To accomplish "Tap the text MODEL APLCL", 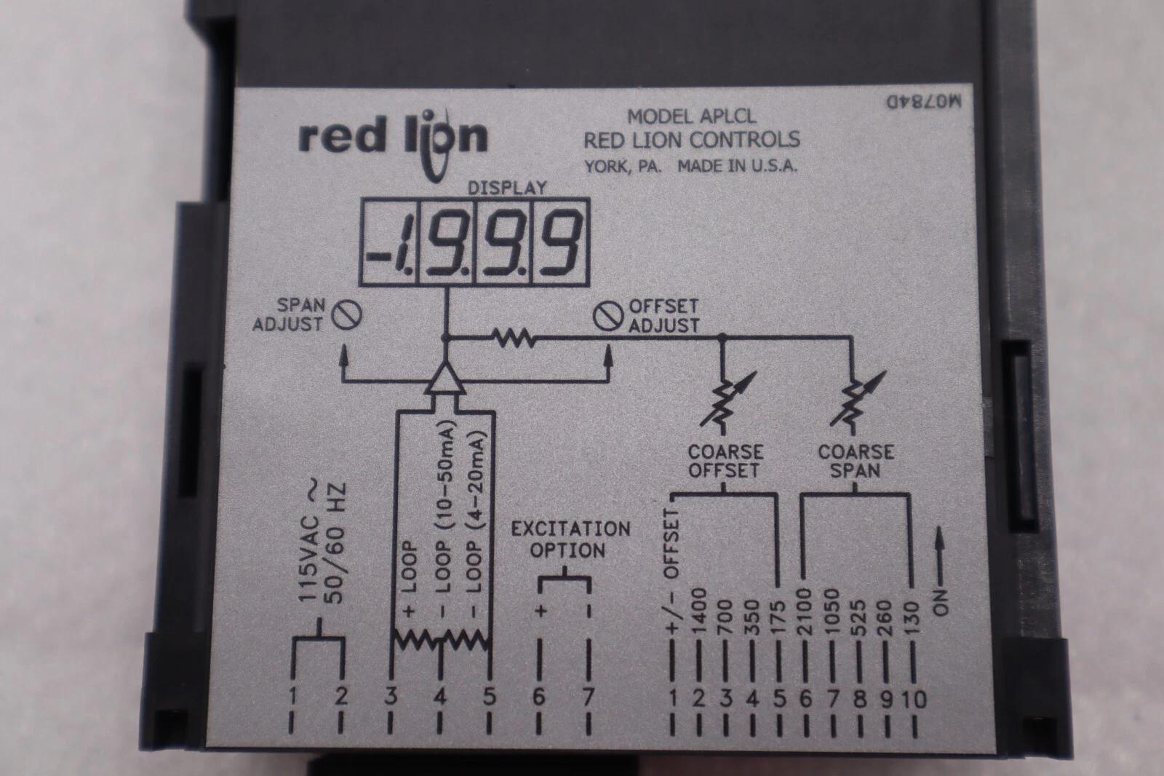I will pos(691,116).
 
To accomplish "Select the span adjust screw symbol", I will pos(347,314).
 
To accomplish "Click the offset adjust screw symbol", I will pos(606,315).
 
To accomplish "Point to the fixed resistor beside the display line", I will pos(513,338).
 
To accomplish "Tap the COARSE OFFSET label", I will pos(724,461).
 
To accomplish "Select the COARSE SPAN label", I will pos(856,461).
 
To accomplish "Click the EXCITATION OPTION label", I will pos(570,539).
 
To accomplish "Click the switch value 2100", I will pos(804,611).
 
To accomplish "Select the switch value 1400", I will pos(698,611).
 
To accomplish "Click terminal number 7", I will pos(588,697).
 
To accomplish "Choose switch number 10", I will pos(913,700).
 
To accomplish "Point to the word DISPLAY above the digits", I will pos(506,187).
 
